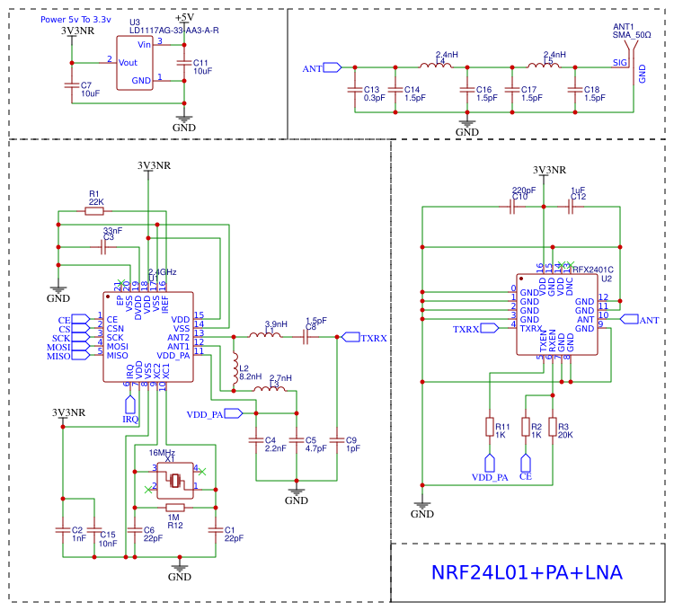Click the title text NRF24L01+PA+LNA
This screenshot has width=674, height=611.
[527, 573]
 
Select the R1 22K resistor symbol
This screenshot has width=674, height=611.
[93, 211]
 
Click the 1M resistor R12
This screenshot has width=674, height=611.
[175, 507]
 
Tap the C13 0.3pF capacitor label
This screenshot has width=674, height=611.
[371, 93]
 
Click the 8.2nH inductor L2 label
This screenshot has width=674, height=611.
[250, 372]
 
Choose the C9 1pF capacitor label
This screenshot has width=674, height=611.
[350, 444]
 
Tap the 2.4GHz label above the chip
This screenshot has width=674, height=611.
[163, 271]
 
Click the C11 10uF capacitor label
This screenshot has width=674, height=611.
[201, 66]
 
